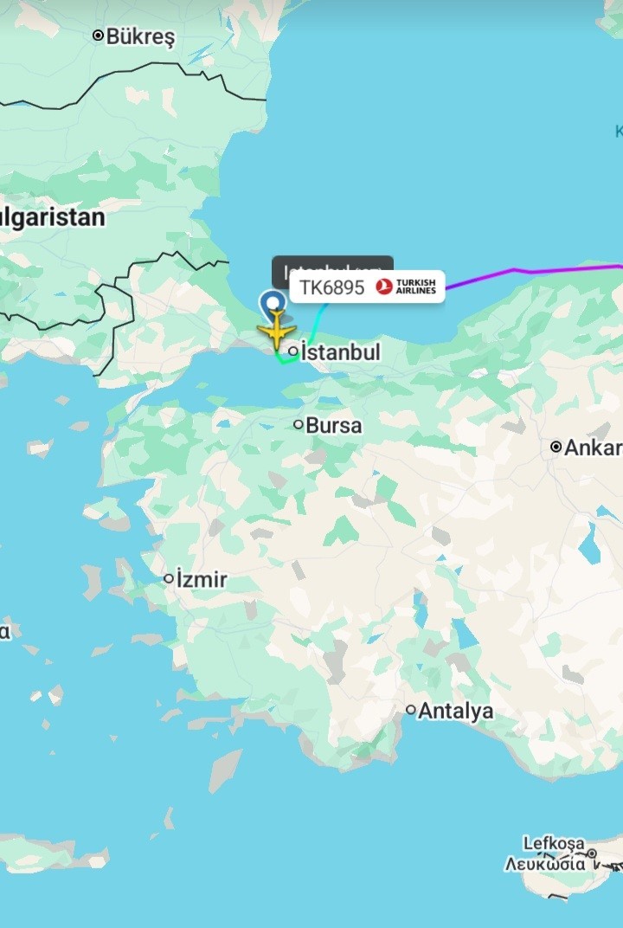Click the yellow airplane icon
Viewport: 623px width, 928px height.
click(276, 330)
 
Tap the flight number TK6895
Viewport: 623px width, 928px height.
click(331, 287)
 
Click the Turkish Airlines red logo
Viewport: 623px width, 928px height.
click(384, 287)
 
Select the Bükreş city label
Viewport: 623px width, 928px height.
click(140, 37)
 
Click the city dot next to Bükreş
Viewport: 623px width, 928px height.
click(98, 35)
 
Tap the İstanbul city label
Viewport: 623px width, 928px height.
click(340, 352)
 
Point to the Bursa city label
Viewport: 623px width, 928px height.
click(334, 426)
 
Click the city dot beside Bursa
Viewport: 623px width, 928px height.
click(299, 424)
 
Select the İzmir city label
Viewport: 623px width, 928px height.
click(202, 579)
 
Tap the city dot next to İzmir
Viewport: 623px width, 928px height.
click(169, 578)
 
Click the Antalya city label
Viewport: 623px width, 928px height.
click(456, 712)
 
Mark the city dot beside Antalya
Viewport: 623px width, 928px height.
click(411, 710)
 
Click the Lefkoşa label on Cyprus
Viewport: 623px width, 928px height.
click(554, 843)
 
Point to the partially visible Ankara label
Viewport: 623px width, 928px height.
click(594, 448)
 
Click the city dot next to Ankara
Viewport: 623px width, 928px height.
click(556, 447)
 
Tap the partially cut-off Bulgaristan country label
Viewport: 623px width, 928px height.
click(52, 216)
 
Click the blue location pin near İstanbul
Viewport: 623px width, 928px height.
click(273, 302)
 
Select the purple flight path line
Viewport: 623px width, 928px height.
click(536, 272)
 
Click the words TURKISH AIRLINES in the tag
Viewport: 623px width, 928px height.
click(416, 287)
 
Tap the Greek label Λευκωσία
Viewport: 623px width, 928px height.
click(545, 863)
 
